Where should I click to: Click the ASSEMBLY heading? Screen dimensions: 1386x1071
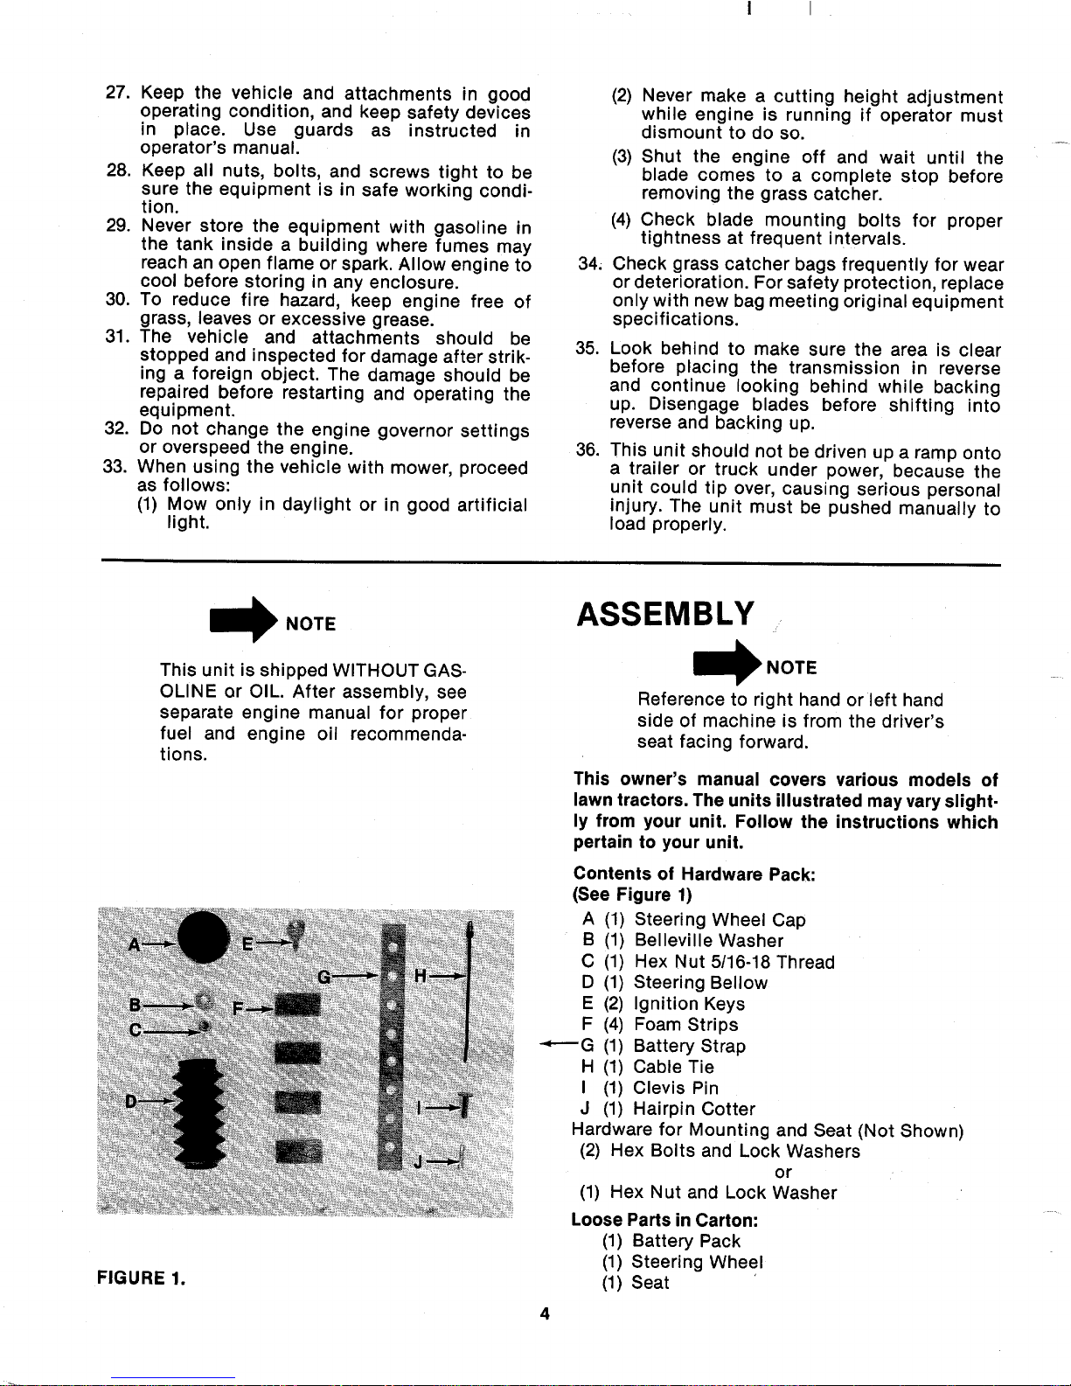664,614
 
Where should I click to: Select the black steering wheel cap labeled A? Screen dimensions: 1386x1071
202,937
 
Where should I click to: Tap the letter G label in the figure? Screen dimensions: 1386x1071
324,977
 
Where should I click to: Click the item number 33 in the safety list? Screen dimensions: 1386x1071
117,468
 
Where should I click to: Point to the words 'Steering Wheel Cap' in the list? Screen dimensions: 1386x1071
720,920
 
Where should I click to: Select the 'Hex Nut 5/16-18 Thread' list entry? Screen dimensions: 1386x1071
734,962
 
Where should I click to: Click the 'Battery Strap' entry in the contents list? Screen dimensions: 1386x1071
689,1046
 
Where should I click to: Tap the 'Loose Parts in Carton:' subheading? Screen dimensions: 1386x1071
664,1220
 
